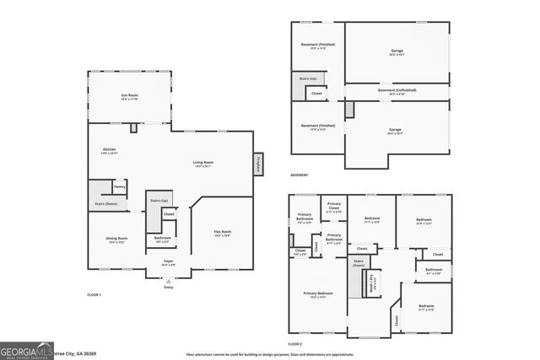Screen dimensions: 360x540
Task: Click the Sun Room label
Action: click(130, 96)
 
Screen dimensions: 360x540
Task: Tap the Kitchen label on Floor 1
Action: click(109, 149)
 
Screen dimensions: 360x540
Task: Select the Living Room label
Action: click(202, 163)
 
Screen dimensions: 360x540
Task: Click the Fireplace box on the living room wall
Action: click(259, 164)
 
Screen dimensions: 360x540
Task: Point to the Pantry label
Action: click(120, 185)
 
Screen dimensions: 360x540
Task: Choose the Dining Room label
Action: click(117, 239)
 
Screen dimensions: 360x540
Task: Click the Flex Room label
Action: click(222, 232)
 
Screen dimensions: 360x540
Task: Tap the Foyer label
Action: click(169, 262)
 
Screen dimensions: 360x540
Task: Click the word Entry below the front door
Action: click(169, 287)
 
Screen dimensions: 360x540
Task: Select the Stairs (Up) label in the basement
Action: click(308, 78)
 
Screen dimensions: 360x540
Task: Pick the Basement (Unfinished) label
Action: click(397, 90)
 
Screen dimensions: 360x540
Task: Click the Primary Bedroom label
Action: click(319, 294)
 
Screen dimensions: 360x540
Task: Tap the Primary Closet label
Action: click(334, 206)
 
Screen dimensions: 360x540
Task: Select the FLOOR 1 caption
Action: click(94, 295)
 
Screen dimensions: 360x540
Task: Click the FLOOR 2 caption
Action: click(294, 344)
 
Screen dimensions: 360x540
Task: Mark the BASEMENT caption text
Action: click(299, 175)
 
